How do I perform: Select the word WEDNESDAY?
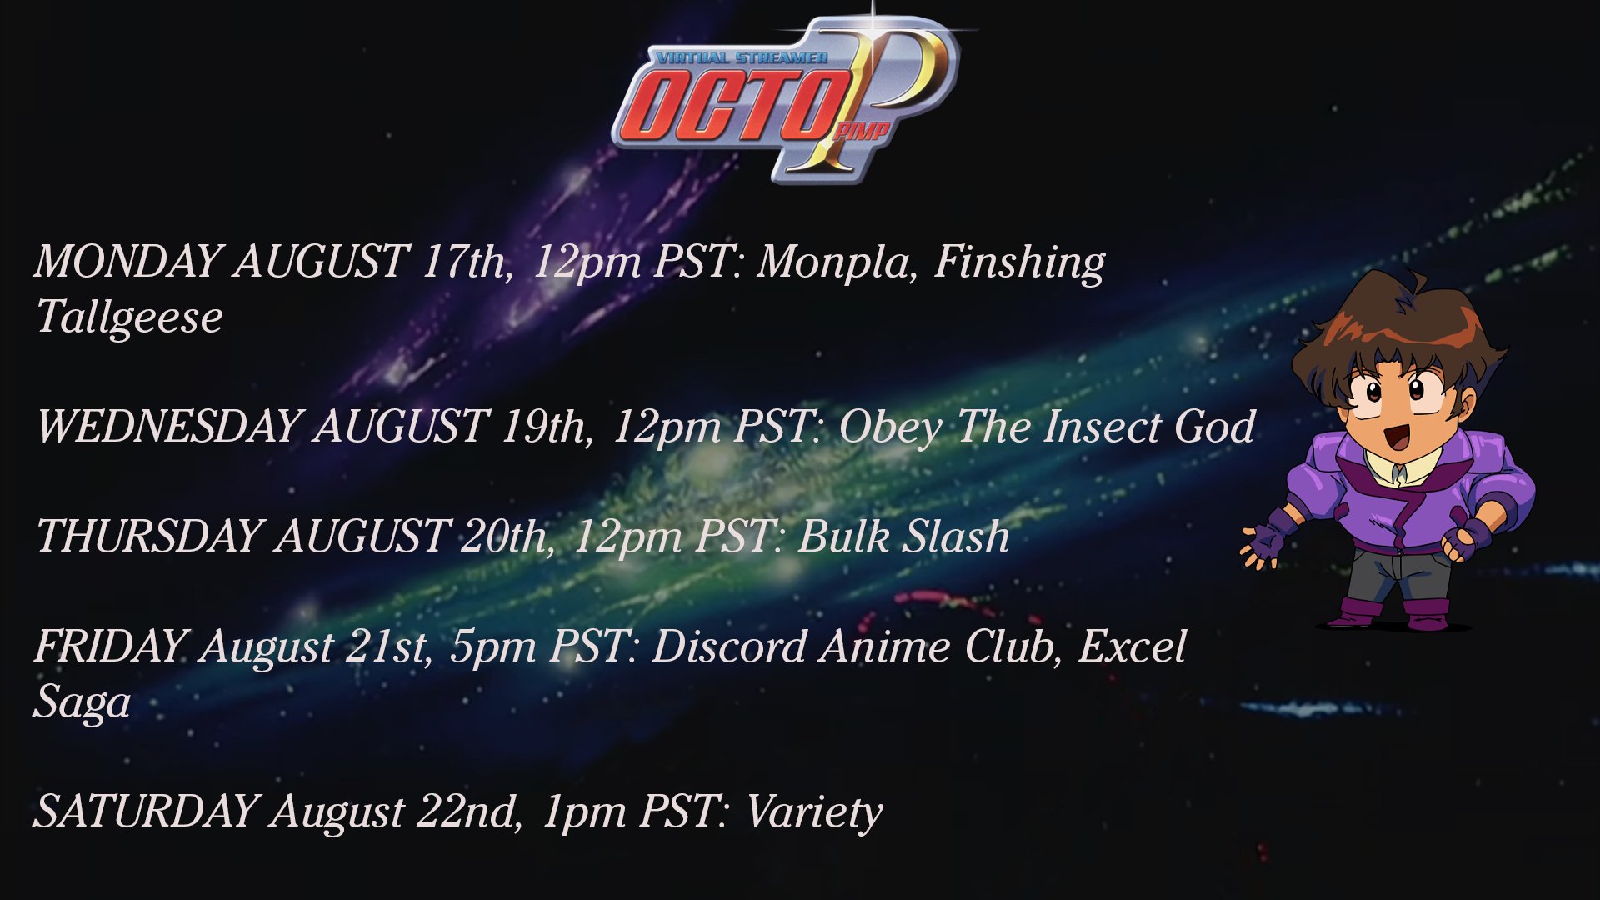pyautogui.click(x=167, y=426)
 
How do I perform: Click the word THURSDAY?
pyautogui.click(x=147, y=536)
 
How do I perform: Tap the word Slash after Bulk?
pyautogui.click(x=957, y=536)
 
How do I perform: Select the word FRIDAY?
pyautogui.click(x=109, y=646)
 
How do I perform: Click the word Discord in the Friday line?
pyautogui.click(x=729, y=646)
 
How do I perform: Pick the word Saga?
pyautogui.click(x=82, y=702)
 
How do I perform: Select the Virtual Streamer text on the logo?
pyautogui.click(x=742, y=58)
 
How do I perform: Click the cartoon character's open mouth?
pyautogui.click(x=1396, y=436)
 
